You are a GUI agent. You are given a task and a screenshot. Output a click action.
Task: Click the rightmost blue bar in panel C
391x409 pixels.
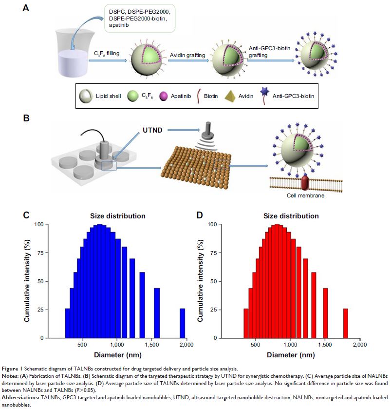point(182,323)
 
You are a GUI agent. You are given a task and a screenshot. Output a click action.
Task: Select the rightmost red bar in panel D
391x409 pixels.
point(345,323)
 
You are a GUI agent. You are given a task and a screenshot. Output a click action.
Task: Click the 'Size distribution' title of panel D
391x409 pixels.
point(291,216)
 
